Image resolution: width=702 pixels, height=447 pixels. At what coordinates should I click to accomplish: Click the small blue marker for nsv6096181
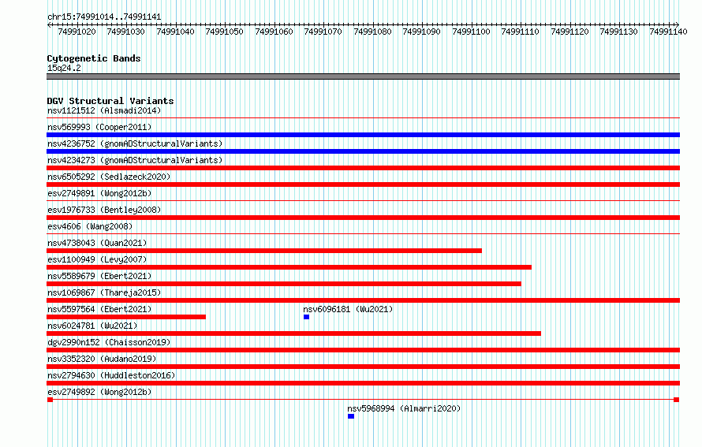(x=306, y=317)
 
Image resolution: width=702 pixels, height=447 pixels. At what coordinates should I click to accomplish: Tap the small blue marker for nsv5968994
(x=351, y=416)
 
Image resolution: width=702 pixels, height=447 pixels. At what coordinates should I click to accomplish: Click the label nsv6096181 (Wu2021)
(x=348, y=309)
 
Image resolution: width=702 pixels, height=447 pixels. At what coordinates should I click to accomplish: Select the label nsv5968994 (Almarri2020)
(x=404, y=408)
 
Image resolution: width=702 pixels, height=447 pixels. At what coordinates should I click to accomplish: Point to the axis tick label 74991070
(x=323, y=32)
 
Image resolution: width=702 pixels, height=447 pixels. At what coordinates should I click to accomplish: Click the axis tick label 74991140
(x=668, y=32)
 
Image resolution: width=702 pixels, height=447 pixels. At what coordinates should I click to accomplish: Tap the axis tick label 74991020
(x=77, y=32)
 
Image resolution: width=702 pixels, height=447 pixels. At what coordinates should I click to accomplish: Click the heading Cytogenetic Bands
(x=94, y=58)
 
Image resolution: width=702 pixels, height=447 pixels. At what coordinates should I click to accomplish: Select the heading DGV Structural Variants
(x=110, y=101)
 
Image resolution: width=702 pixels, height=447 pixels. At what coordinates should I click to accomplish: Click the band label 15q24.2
(x=64, y=68)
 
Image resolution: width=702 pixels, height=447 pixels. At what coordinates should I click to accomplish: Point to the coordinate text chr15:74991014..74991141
(x=104, y=17)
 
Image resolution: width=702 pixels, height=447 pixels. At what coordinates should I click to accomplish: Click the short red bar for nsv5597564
(x=126, y=317)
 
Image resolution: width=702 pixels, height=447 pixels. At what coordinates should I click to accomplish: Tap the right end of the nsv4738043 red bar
(x=482, y=251)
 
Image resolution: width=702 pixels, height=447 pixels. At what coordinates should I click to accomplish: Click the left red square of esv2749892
(x=50, y=400)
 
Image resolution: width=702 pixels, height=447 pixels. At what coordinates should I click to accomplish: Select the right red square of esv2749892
(x=677, y=400)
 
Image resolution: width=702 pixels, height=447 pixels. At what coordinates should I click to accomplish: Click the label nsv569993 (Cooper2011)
(x=99, y=127)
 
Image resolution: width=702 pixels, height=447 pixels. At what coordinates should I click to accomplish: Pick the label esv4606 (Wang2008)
(x=90, y=226)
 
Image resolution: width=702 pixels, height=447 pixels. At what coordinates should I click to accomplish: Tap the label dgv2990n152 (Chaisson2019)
(x=109, y=342)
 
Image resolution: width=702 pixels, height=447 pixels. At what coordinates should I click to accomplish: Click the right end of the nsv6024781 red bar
(x=541, y=333)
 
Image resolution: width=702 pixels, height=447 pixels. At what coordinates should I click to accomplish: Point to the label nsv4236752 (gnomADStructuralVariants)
(x=135, y=143)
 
